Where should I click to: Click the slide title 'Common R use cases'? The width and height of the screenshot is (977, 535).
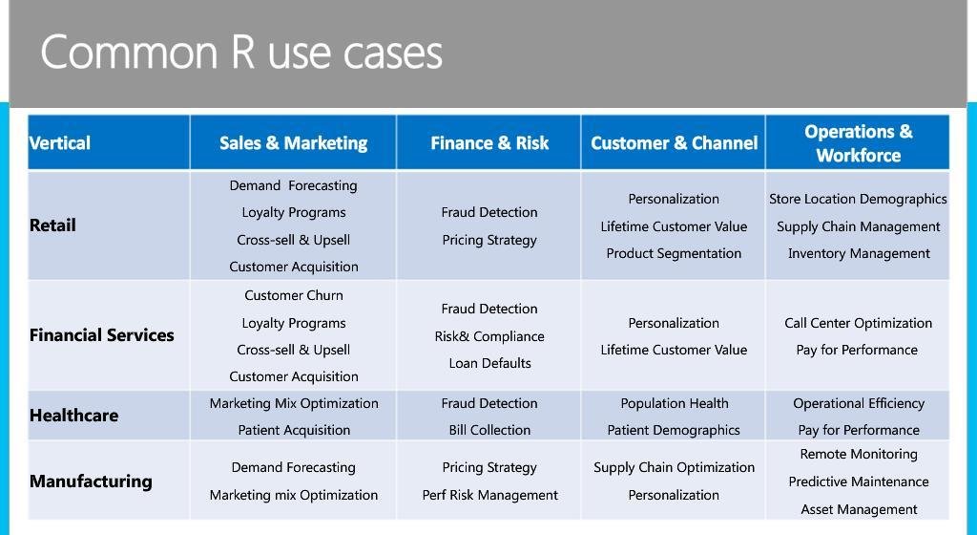pyautogui.click(x=241, y=52)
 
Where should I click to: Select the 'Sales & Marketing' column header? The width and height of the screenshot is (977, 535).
pyautogui.click(x=293, y=143)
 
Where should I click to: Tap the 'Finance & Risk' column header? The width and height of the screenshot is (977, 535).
pyautogui.click(x=489, y=143)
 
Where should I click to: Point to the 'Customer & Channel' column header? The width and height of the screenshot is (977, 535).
pyautogui.click(x=674, y=143)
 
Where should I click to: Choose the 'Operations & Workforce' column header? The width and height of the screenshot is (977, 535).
pyautogui.click(x=858, y=143)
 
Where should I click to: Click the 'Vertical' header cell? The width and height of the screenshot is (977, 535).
pyautogui.click(x=59, y=143)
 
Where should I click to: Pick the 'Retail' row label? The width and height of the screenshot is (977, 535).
pyautogui.click(x=52, y=225)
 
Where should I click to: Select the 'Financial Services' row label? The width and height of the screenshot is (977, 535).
pyautogui.click(x=102, y=335)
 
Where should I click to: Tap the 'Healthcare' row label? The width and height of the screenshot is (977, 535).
pyautogui.click(x=73, y=416)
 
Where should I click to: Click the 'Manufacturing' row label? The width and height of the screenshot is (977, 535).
pyautogui.click(x=91, y=481)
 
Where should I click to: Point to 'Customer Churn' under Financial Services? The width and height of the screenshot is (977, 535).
pyautogui.click(x=294, y=296)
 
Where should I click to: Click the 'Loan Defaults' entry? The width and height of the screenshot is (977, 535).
pyautogui.click(x=489, y=363)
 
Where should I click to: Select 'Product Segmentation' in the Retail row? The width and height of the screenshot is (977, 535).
pyautogui.click(x=674, y=253)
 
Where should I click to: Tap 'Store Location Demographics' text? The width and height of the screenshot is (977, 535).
pyautogui.click(x=858, y=199)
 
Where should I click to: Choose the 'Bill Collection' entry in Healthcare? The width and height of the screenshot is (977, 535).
pyautogui.click(x=489, y=430)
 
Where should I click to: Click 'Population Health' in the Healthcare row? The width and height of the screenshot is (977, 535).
pyautogui.click(x=674, y=403)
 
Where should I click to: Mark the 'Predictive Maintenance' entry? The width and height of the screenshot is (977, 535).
pyautogui.click(x=858, y=481)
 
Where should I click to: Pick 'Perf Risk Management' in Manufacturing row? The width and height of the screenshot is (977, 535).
pyautogui.click(x=489, y=495)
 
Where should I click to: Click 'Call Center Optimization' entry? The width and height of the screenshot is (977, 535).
pyautogui.click(x=858, y=323)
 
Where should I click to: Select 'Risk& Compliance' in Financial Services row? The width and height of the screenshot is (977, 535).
pyautogui.click(x=489, y=336)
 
